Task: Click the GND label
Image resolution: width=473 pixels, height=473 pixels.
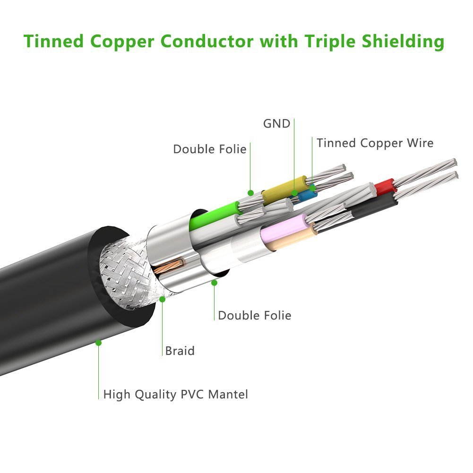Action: [276, 124]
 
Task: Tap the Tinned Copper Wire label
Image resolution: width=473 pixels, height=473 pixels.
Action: [375, 143]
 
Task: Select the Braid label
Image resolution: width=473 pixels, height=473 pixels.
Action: [180, 351]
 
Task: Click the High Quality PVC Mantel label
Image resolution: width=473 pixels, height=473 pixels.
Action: [175, 394]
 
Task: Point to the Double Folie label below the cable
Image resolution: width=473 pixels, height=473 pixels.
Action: [254, 315]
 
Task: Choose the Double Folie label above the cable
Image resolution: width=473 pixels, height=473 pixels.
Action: [209, 149]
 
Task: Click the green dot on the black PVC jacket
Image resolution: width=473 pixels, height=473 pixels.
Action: [98, 342]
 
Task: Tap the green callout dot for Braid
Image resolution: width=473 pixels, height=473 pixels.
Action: [163, 299]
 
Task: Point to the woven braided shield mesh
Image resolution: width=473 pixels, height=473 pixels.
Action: [125, 279]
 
